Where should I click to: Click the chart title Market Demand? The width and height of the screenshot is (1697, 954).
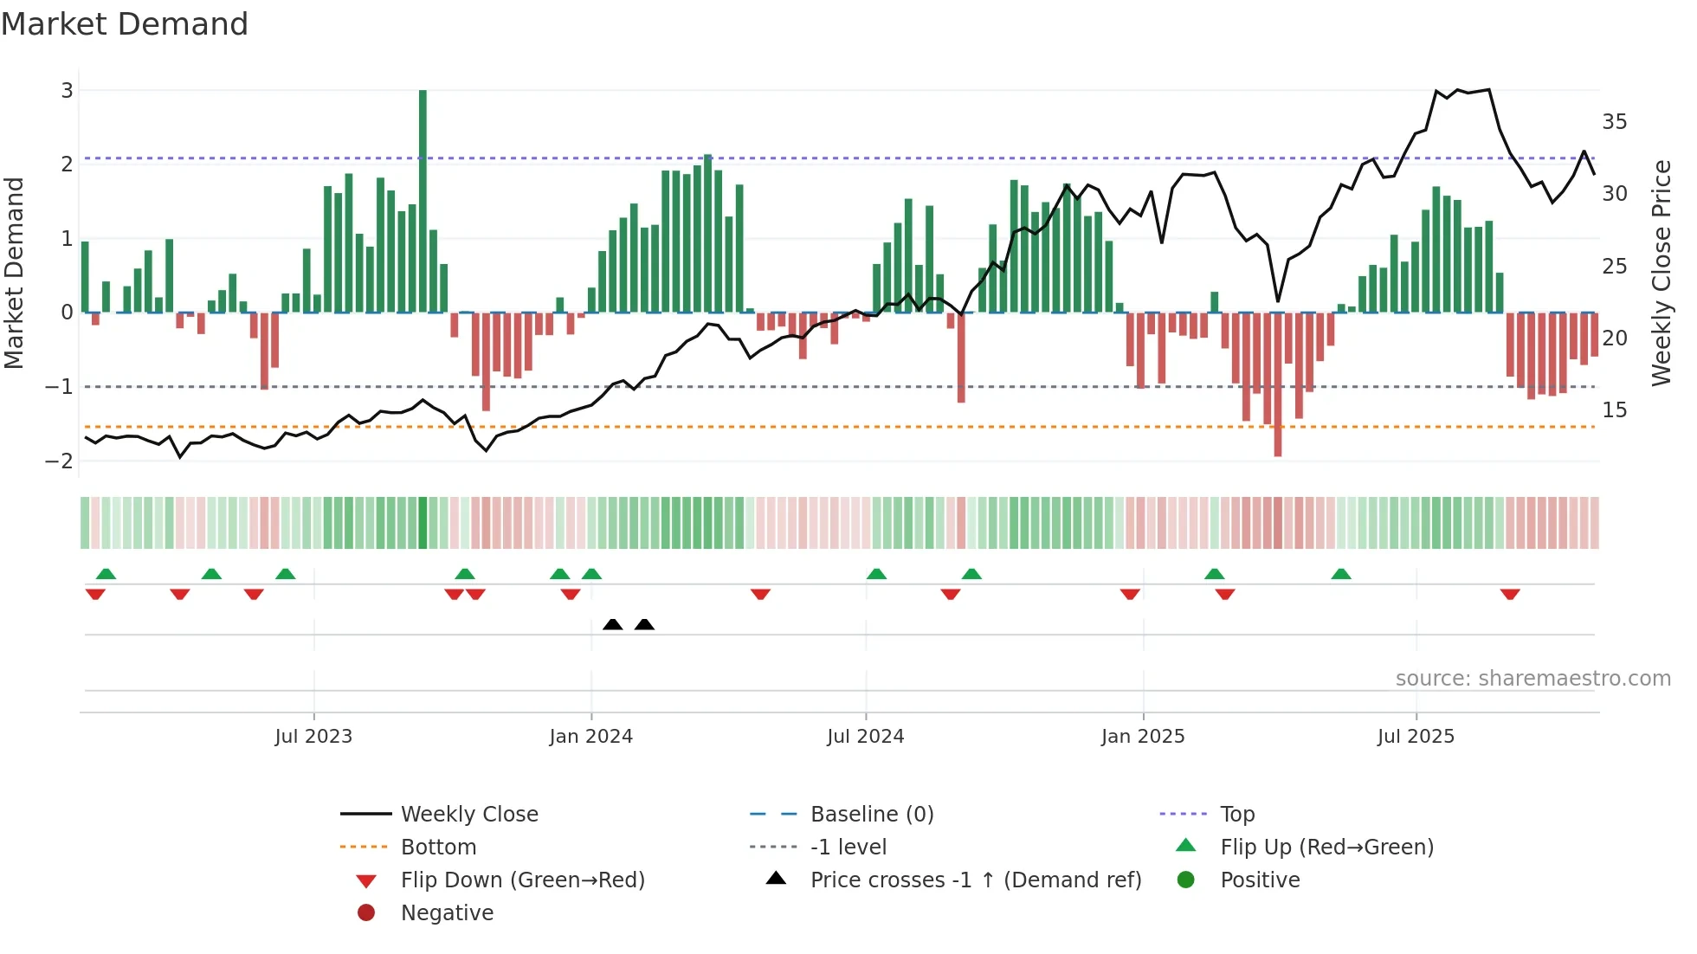coord(125,24)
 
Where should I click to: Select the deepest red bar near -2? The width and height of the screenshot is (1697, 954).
coord(1278,385)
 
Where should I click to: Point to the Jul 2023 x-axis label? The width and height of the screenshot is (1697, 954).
coord(313,737)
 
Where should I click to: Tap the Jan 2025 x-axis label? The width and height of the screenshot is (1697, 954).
coord(1143,737)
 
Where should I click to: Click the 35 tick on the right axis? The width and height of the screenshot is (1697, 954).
coord(1614,122)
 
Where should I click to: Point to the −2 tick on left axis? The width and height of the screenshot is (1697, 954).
coord(59,461)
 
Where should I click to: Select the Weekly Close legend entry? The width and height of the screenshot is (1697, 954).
coord(468,815)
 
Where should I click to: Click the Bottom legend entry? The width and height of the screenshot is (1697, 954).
coord(438,848)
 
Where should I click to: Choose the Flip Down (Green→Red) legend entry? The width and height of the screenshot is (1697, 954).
coord(522,880)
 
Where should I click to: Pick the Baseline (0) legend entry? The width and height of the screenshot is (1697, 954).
coord(871,815)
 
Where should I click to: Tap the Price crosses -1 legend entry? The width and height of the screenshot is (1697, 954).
coord(975,880)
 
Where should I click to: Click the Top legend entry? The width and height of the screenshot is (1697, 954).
coord(1236,815)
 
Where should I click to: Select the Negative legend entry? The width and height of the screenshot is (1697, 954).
coord(447,913)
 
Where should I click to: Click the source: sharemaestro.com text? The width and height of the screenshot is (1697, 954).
coord(1532,679)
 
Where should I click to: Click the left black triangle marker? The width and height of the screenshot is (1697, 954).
coord(613,624)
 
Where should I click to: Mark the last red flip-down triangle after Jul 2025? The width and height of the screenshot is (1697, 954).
coord(1510,594)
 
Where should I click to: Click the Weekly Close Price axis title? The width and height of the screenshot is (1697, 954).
coord(1661,273)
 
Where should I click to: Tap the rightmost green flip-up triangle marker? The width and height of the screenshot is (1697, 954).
coord(1341,574)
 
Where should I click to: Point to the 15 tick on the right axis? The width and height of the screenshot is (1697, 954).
coord(1614,410)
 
